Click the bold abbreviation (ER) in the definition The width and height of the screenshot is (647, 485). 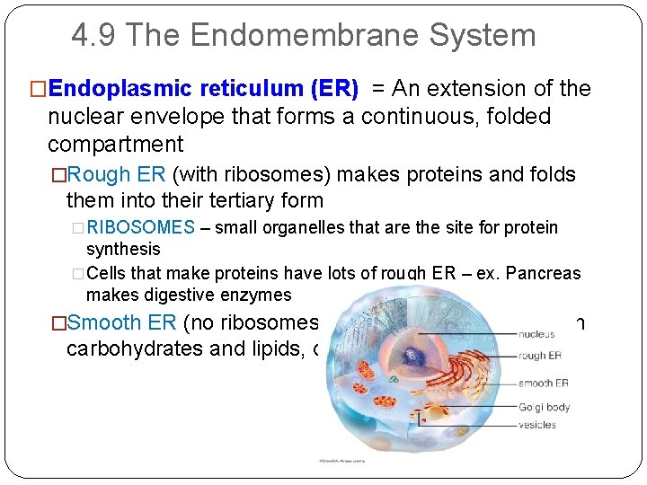coord(333,89)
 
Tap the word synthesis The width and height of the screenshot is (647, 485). coord(123,249)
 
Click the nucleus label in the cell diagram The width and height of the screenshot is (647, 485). coord(537,334)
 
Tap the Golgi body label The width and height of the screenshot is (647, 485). coord(544,407)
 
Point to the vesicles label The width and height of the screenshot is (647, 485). coord(537,425)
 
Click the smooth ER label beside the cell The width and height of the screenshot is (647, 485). coord(543,384)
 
